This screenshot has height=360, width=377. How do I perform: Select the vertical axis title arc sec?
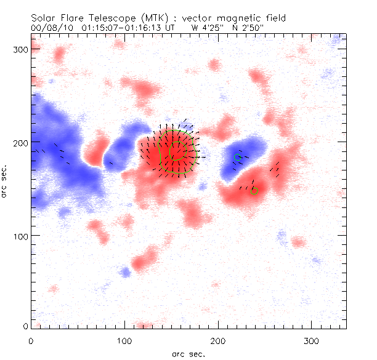[5, 182]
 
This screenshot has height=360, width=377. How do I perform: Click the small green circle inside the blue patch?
[237, 158]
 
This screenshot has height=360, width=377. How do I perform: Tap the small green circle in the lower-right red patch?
[254, 191]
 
